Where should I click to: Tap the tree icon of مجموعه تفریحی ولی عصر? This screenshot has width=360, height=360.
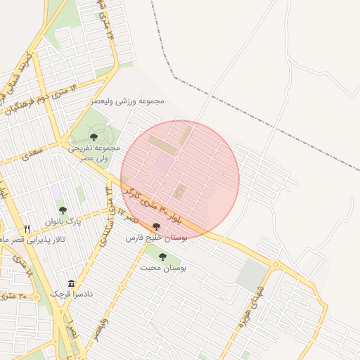coord(94,137)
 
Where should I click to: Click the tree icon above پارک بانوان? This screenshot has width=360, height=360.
coord(63,210)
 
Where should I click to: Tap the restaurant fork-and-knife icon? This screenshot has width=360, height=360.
coord(27,229)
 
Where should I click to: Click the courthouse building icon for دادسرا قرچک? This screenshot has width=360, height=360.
coord(71,283)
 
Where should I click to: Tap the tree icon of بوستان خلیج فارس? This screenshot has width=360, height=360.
coord(156,227)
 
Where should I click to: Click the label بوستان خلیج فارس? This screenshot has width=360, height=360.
coord(155,238)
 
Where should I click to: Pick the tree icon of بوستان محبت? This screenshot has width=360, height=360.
coord(163,257)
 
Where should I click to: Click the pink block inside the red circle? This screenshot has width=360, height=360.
coord(163,163)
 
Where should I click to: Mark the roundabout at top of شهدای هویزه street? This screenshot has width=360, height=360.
coord(275,266)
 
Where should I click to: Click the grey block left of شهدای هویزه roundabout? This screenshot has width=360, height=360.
coord(251,276)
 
